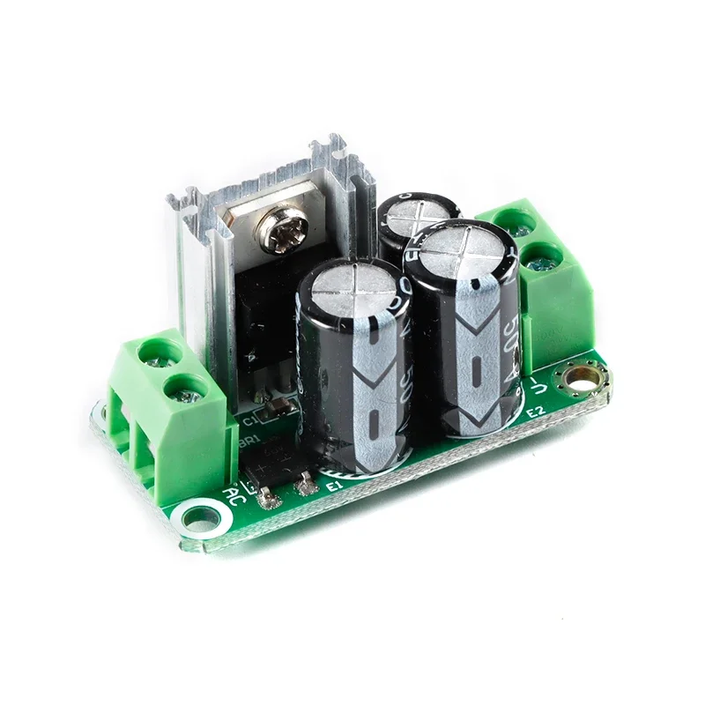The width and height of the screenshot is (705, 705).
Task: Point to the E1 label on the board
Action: point(333,486)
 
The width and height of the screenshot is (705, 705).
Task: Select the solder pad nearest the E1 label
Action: point(307,484)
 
